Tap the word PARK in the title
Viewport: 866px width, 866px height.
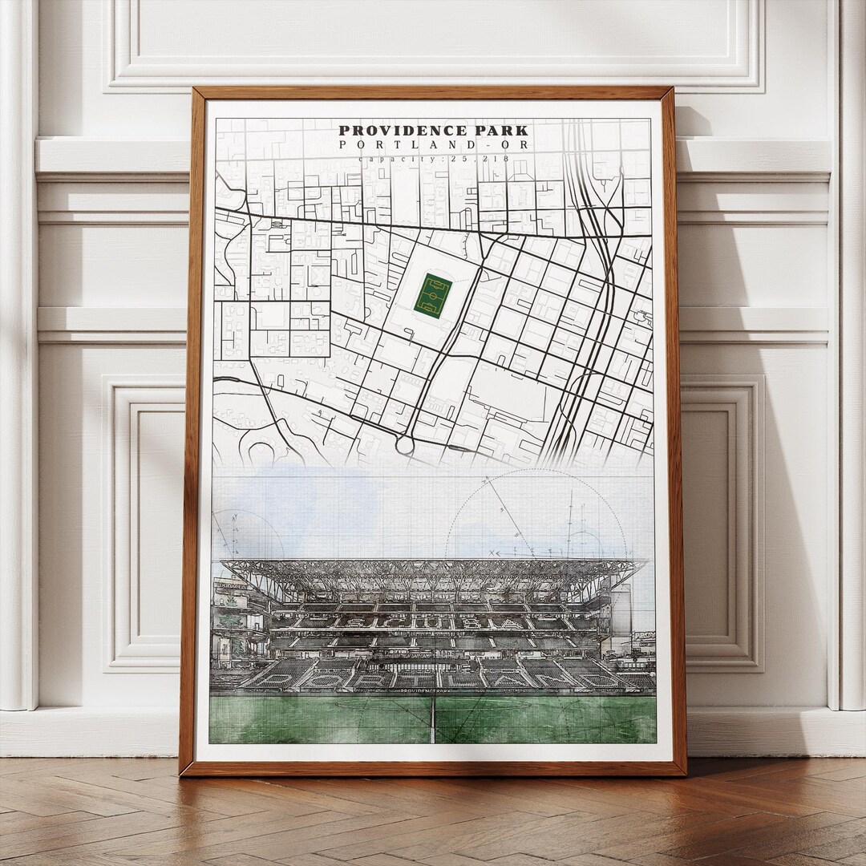pyautogui.click(x=500, y=131)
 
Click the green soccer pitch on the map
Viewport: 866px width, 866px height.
pyautogui.click(x=433, y=295)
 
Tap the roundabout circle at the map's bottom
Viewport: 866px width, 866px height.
pyautogui.click(x=405, y=443)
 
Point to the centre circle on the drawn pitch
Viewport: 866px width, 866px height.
pyautogui.click(x=433, y=703)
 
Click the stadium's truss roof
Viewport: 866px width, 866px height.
pyautogui.click(x=433, y=573)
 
